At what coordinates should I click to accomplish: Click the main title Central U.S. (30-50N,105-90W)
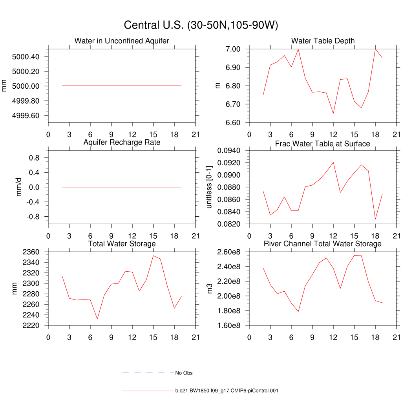(x=201, y=25)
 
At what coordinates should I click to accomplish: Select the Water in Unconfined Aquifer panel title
(x=122, y=41)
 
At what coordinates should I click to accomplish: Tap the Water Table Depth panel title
(x=323, y=41)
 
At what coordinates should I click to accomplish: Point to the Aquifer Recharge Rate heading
(x=122, y=142)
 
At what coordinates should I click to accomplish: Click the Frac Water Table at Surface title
(x=323, y=144)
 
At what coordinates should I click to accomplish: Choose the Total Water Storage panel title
(x=122, y=244)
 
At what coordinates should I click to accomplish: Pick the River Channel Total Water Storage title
(x=323, y=244)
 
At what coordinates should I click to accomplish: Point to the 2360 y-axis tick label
(x=31, y=252)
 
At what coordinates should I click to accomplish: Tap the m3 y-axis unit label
(x=210, y=289)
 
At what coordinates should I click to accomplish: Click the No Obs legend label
(x=184, y=373)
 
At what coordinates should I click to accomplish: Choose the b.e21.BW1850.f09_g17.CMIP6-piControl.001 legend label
(x=227, y=391)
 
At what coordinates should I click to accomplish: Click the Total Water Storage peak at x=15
(x=153, y=256)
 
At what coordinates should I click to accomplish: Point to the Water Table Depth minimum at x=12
(x=333, y=113)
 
